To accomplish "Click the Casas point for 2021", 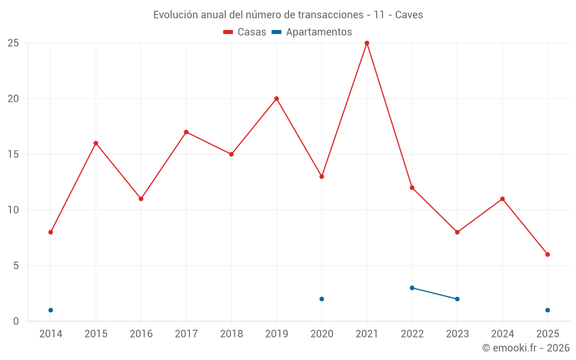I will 367,43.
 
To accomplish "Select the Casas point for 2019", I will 276,98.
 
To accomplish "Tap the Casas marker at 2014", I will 51,232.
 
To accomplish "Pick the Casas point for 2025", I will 548,255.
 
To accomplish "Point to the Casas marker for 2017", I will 186,132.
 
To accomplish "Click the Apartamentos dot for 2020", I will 322,299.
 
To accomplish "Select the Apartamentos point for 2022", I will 412,288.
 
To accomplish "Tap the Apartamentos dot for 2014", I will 51,310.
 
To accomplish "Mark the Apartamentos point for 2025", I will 548,310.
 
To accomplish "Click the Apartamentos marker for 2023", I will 457,299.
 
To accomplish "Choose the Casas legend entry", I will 245,32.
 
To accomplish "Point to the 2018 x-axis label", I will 231,334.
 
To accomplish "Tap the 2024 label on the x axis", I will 502,334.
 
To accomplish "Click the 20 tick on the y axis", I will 13,98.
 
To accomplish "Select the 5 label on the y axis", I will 16,266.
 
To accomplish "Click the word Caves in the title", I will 409,15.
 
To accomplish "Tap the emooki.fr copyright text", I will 526,348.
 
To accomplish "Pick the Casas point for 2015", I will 96,143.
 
